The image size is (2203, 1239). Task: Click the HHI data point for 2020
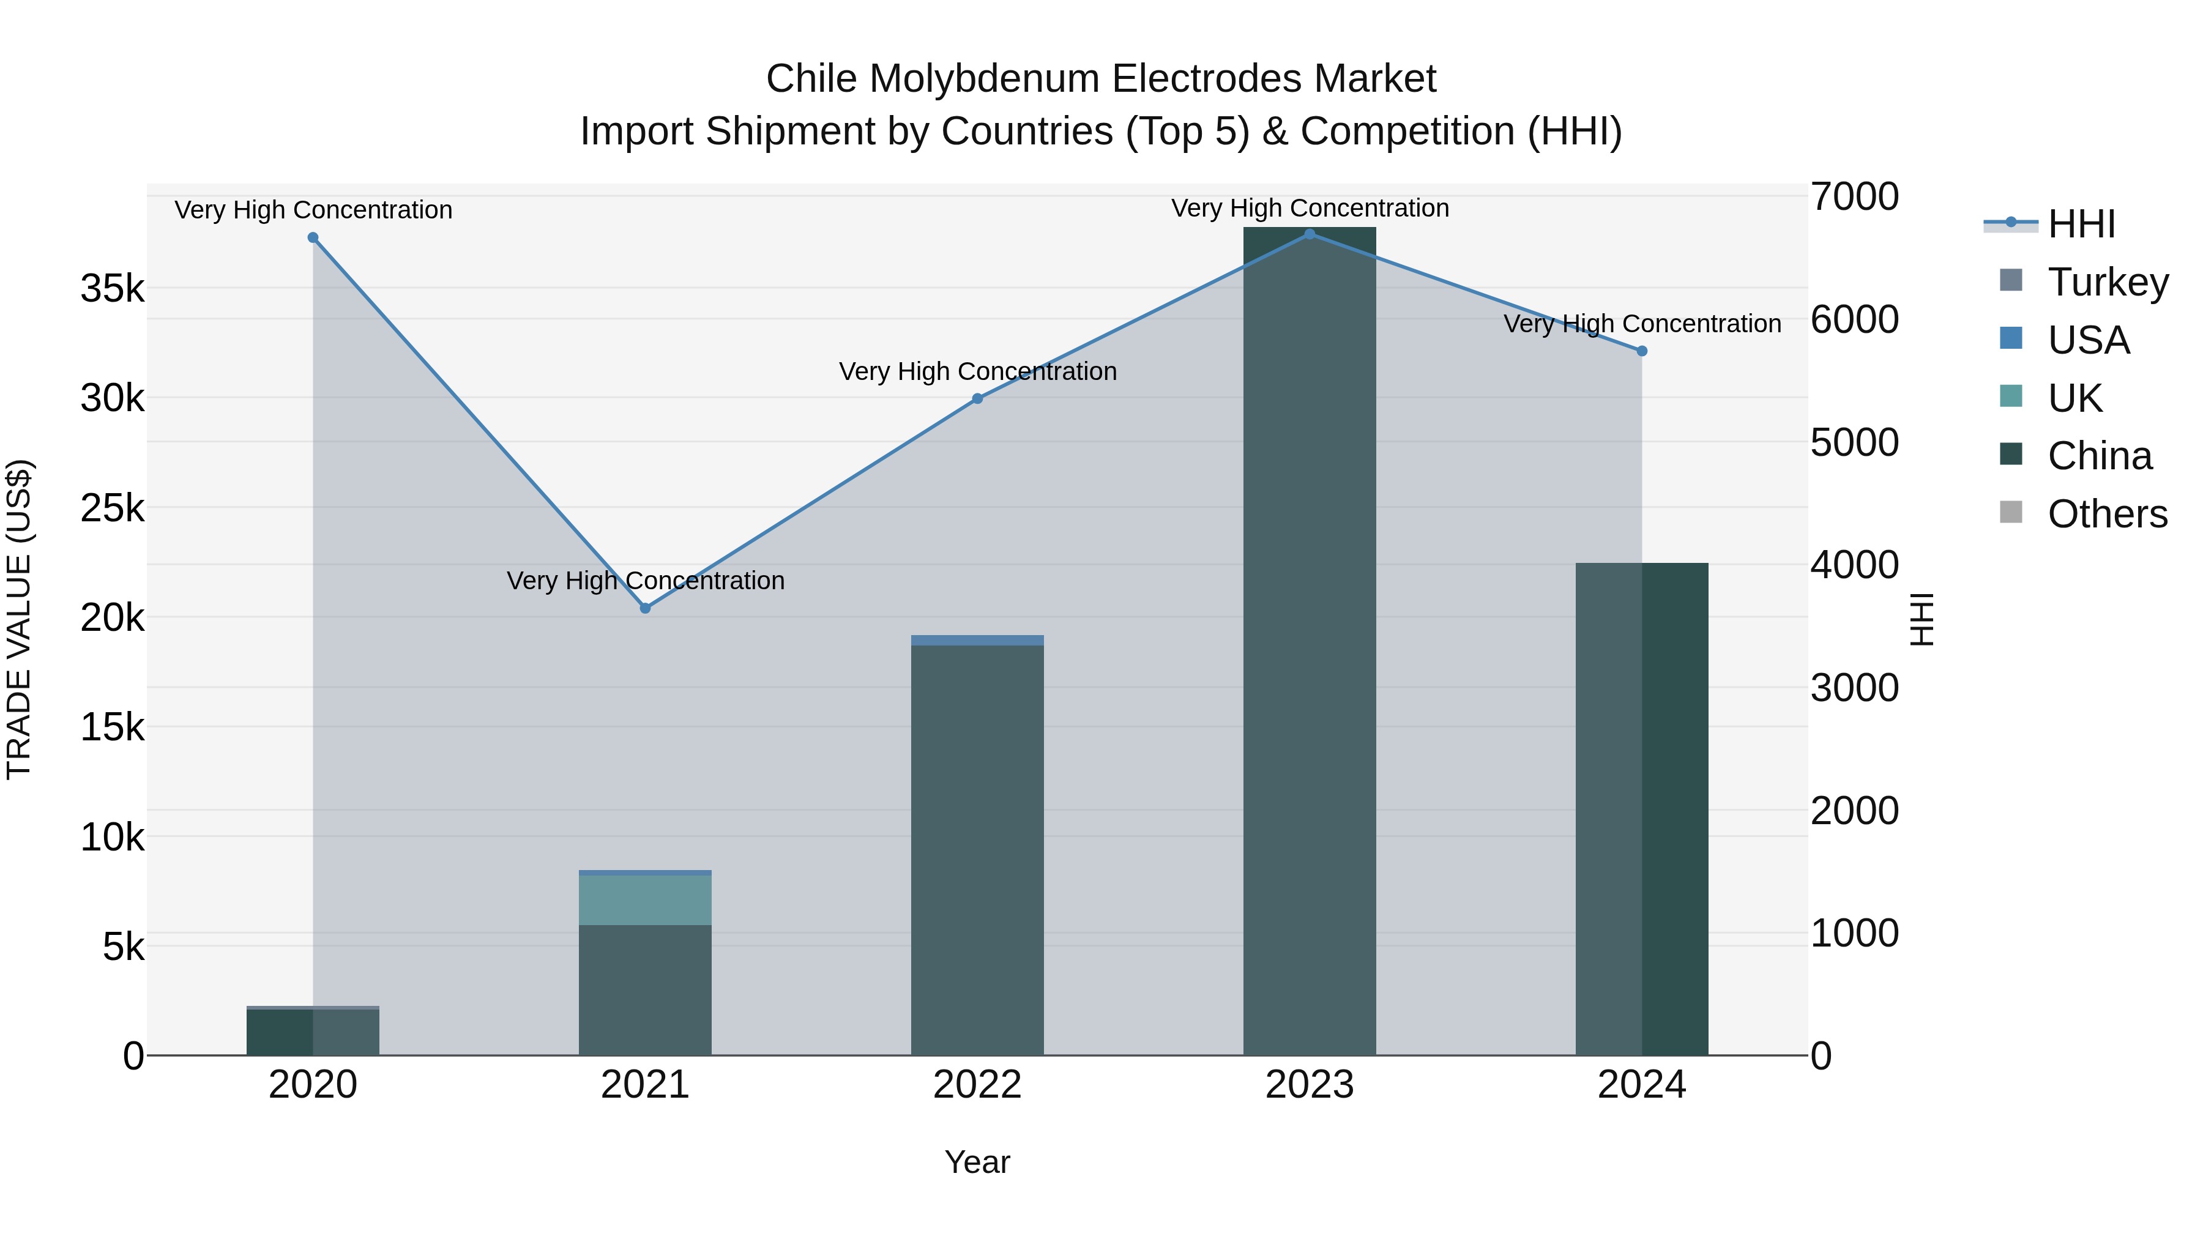click(x=313, y=238)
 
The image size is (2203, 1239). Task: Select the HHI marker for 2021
click(x=646, y=608)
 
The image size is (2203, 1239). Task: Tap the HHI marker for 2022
click(x=977, y=398)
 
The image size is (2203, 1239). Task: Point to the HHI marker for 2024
click(x=1642, y=351)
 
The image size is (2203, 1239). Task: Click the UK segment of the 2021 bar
click(x=645, y=899)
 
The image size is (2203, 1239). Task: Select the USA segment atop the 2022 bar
click(x=977, y=641)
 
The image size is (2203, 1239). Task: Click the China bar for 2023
click(x=1310, y=641)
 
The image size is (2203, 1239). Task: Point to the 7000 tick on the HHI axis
click(x=1854, y=196)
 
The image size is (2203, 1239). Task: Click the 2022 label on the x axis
click(x=977, y=1085)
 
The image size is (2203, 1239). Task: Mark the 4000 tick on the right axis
click(x=1854, y=565)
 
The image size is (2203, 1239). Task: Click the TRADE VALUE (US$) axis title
click(x=20, y=619)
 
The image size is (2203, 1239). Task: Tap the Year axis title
click(x=977, y=1162)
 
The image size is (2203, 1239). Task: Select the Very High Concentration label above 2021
click(x=646, y=581)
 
